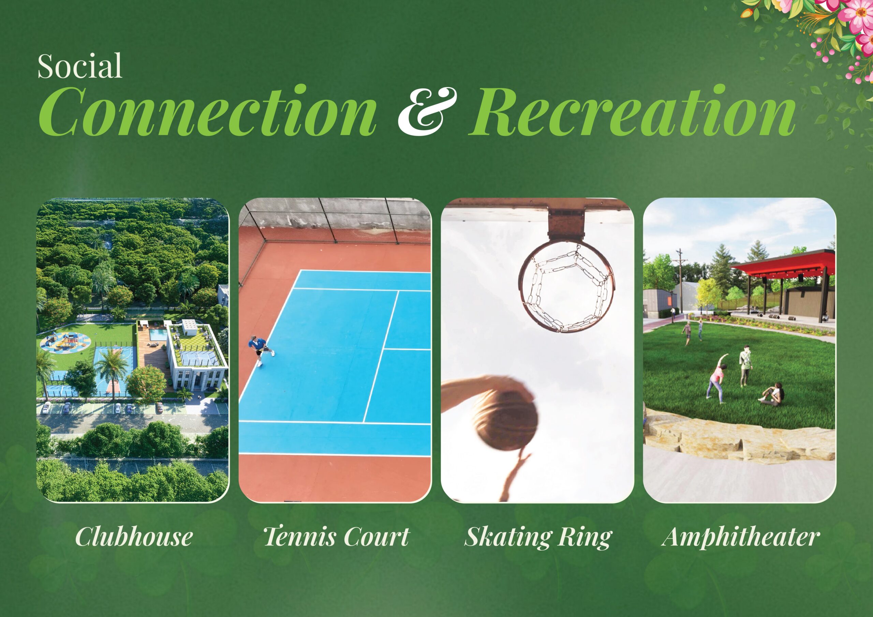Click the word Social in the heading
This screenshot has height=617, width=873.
point(80,66)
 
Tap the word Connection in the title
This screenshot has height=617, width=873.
point(208,112)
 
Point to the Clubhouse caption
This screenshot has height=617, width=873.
point(133,537)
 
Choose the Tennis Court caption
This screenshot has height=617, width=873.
point(337,537)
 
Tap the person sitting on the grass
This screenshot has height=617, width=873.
point(772,395)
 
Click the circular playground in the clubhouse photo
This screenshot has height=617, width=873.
point(66,342)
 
